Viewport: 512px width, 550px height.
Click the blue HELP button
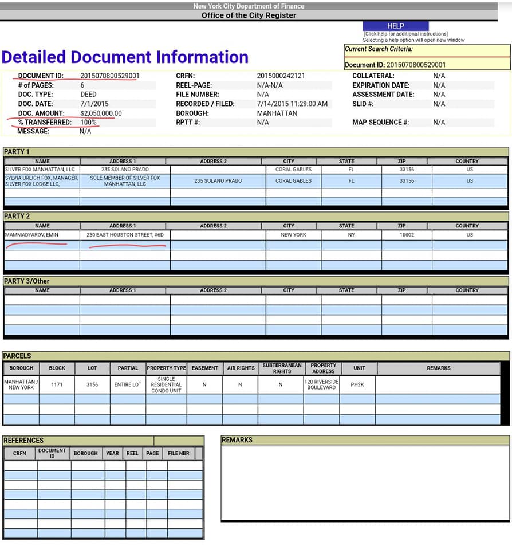click(x=395, y=26)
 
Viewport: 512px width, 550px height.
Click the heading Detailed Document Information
click(x=125, y=57)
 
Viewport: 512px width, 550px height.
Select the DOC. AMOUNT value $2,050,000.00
click(x=101, y=113)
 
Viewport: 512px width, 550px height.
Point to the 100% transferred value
click(x=88, y=123)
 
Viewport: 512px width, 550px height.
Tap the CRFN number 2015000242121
click(x=281, y=76)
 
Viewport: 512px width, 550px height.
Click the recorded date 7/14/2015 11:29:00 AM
click(x=292, y=104)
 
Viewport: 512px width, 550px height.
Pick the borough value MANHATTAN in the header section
click(x=277, y=113)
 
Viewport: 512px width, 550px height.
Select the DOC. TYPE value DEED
click(x=88, y=95)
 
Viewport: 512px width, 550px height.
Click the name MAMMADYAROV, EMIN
click(x=31, y=235)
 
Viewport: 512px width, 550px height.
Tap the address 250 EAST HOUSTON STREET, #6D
click(x=124, y=235)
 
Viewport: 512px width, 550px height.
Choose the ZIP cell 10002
click(x=406, y=235)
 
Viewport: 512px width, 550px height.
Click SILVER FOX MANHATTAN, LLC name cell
click(x=40, y=170)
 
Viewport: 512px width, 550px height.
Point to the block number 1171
click(x=57, y=385)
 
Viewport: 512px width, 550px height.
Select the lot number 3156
click(x=92, y=385)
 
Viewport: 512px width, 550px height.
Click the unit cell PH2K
click(x=358, y=385)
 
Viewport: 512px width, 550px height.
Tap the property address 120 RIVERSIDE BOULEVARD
click(x=323, y=384)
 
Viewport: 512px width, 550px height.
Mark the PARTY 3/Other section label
click(x=26, y=281)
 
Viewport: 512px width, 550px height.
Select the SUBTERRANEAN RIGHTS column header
click(x=282, y=368)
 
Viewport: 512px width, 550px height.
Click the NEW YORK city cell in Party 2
click(x=293, y=235)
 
